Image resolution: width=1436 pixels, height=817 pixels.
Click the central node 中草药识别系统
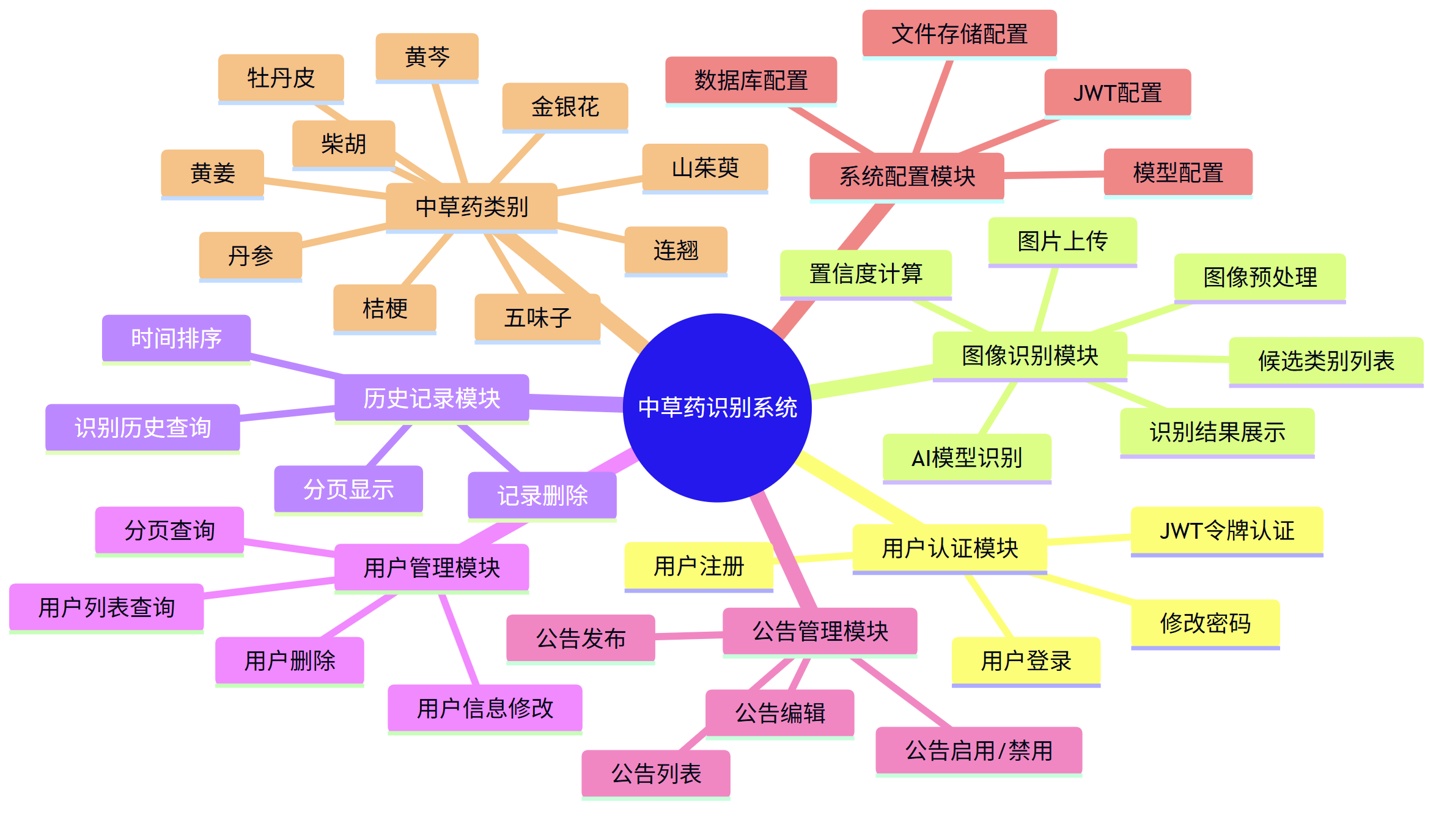point(717,407)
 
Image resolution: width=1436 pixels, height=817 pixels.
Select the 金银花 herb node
point(565,106)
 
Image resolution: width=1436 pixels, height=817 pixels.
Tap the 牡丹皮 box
point(281,78)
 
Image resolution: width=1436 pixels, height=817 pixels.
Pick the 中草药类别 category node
point(471,207)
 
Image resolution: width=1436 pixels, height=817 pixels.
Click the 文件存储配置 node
point(959,34)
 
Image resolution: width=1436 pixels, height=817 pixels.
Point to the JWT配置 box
point(1118,92)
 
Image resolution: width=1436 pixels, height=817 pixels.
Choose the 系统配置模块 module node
point(907,176)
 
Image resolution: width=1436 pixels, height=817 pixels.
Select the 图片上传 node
point(1062,241)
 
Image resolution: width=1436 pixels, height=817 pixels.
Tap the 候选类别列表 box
point(1326,361)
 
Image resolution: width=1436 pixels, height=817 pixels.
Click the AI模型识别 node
point(967,457)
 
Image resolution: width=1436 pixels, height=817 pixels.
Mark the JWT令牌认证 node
point(1227,530)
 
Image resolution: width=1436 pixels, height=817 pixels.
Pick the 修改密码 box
point(1205,623)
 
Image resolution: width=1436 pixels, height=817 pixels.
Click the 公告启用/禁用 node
point(979,750)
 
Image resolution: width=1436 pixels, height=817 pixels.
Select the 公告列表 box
point(656,774)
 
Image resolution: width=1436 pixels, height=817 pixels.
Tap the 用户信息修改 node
point(485,708)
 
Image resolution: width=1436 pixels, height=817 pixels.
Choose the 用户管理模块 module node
point(432,567)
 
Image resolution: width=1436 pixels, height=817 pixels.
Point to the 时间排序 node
point(176,338)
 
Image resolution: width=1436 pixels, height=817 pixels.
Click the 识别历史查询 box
point(142,427)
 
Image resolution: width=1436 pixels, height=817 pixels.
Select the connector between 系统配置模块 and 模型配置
point(1054,175)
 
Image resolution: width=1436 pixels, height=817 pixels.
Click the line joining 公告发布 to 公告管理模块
point(689,637)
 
